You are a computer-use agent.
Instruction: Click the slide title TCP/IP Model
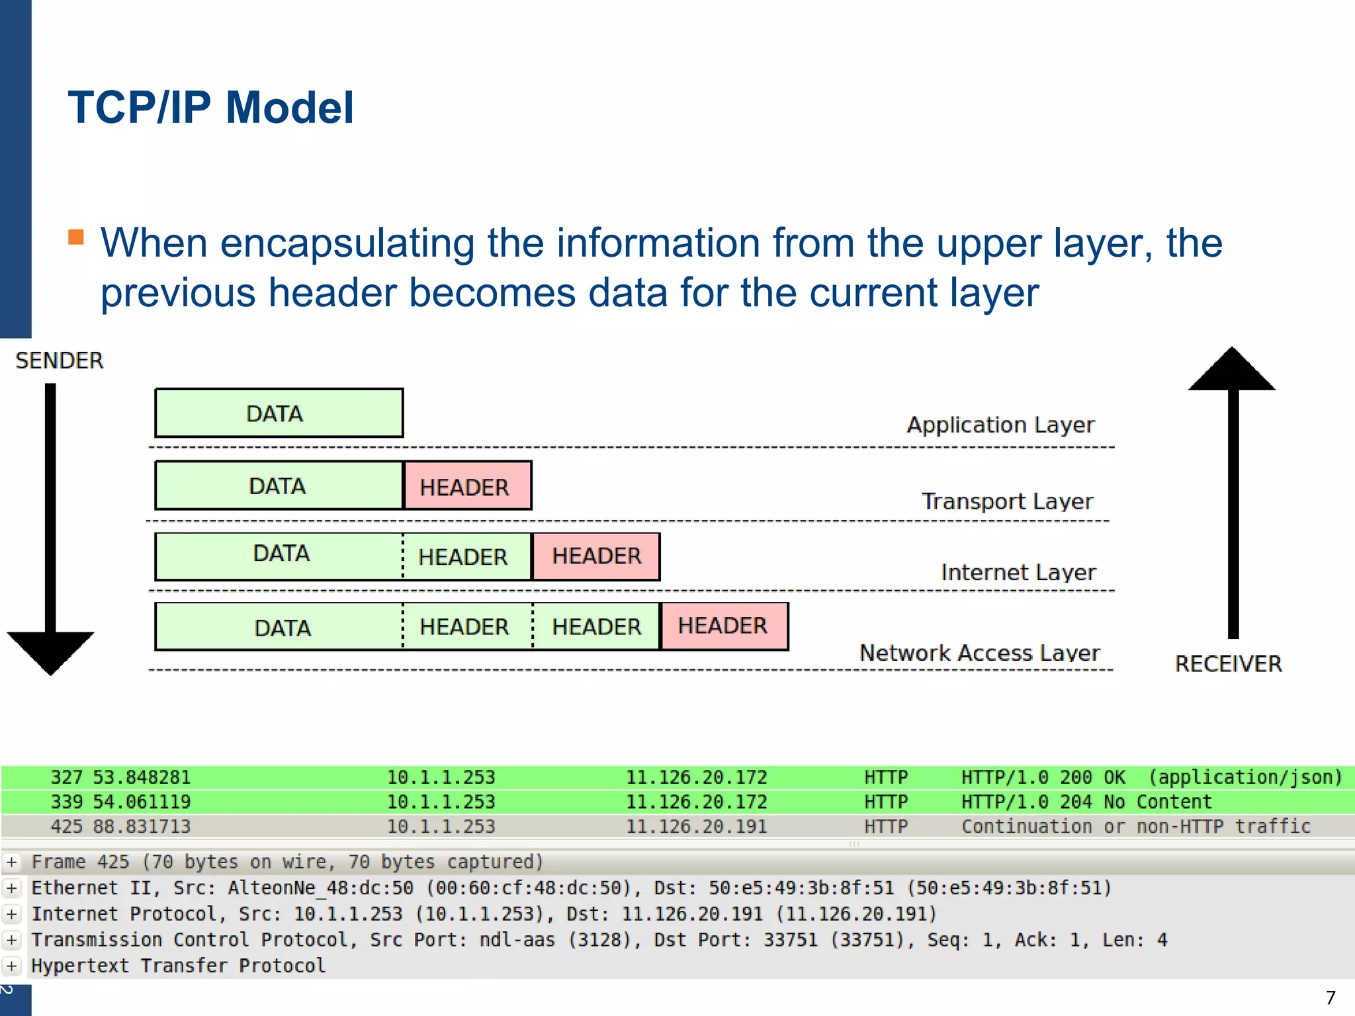click(210, 107)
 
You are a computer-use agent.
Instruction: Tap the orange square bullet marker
click(76, 237)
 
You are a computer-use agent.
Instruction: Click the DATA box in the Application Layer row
click(279, 413)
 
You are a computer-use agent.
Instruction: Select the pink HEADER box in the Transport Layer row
click(467, 487)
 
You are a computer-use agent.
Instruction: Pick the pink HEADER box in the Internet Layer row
click(596, 556)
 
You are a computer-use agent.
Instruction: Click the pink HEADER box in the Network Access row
click(724, 626)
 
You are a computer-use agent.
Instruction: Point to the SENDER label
click(59, 360)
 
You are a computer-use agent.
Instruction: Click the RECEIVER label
click(1228, 663)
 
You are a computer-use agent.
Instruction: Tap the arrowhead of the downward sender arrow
click(50, 652)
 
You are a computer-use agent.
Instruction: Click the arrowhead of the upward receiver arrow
click(1231, 370)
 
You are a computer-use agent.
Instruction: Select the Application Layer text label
click(1000, 425)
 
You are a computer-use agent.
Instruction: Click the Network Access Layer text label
click(979, 653)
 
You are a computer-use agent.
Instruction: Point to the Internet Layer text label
click(1018, 572)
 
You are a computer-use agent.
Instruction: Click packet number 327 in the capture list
click(67, 777)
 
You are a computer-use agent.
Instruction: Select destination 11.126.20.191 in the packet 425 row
click(696, 827)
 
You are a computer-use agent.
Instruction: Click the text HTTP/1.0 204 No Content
click(1086, 802)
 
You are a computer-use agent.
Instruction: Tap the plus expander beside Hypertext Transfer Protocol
click(12, 966)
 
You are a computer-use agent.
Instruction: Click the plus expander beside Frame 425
click(12, 862)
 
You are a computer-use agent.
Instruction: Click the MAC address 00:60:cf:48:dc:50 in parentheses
click(528, 888)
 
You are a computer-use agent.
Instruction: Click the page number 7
click(1331, 997)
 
